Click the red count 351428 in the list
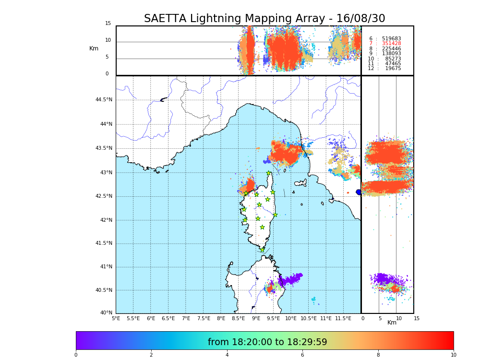coord(391,44)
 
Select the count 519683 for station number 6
coord(391,39)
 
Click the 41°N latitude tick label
coord(106,267)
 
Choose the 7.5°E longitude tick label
coord(204,318)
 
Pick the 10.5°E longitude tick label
coord(309,318)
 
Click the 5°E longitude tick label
coord(116,318)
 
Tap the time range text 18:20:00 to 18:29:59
coord(267,342)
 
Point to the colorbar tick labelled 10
coord(453,355)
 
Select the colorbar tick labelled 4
coord(227,355)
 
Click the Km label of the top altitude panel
coord(94,48)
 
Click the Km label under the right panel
coord(392,323)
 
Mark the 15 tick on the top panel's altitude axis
coord(108,24)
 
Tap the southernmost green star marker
coord(262,250)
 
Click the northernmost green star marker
coord(269,173)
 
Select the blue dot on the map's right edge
coord(359,192)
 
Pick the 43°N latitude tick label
coord(106,173)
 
